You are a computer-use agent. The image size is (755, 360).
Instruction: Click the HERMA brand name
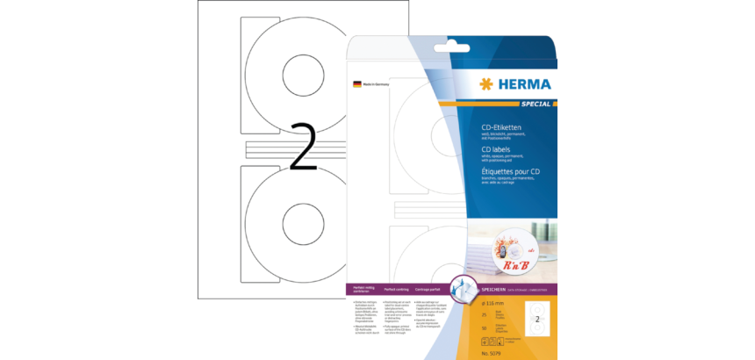(x=523, y=84)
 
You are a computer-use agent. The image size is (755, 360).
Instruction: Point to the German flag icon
(x=356, y=83)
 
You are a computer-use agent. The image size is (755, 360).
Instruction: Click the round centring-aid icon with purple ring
(x=463, y=286)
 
